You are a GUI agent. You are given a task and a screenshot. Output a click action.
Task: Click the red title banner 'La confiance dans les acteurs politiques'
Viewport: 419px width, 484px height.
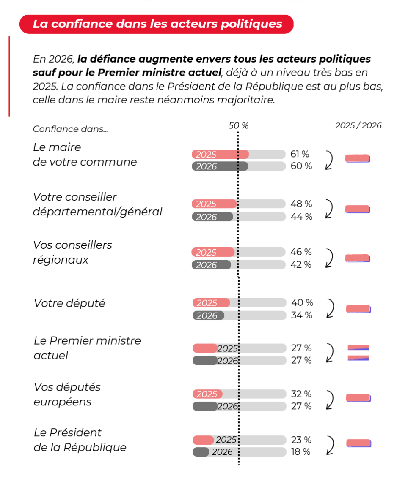[157, 24]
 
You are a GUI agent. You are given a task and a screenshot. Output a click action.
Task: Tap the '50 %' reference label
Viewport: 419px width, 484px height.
[239, 125]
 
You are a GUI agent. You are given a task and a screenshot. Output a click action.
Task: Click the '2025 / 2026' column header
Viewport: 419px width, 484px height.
[358, 125]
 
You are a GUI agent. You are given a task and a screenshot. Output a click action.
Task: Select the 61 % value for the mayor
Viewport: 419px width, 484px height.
[300, 154]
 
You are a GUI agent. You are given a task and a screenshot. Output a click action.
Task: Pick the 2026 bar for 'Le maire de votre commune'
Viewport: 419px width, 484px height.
[220, 166]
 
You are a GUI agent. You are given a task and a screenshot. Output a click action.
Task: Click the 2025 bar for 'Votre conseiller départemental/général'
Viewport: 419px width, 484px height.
[214, 204]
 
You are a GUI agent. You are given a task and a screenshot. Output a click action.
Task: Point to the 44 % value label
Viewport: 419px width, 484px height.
[301, 217]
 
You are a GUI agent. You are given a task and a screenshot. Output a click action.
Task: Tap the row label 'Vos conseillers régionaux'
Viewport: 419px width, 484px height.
[72, 252]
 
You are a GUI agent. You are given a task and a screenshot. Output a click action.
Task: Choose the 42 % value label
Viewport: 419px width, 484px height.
[301, 265]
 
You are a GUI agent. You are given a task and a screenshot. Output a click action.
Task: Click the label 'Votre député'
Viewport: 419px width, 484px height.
[69, 303]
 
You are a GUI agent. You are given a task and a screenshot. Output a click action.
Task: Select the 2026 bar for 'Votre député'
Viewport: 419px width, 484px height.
[208, 315]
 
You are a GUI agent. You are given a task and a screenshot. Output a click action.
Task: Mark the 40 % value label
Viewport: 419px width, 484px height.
[302, 302]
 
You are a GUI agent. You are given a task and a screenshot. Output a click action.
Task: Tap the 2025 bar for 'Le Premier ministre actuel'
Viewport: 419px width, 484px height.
[205, 348]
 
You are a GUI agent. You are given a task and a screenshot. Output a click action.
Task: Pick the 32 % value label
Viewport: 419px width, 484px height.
[301, 394]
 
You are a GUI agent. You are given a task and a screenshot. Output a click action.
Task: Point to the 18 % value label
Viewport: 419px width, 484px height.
[300, 451]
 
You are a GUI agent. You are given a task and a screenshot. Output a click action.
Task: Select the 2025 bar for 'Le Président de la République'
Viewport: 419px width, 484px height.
[204, 440]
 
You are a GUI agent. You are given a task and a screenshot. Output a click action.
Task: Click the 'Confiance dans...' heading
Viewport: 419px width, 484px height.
[71, 129]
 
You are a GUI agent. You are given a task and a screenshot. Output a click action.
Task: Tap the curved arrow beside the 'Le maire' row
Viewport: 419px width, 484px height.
[329, 160]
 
